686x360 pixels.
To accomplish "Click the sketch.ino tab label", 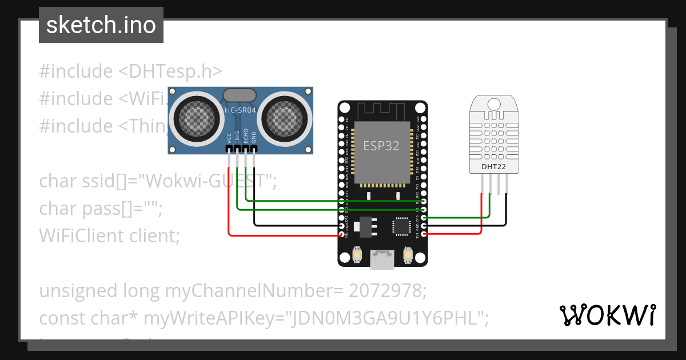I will coord(101,25).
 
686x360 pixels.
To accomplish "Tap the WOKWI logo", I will coord(607,315).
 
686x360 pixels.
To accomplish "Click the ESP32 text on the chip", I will coord(381,146).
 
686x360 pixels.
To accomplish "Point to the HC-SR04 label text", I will coord(240,110).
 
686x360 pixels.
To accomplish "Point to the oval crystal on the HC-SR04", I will coord(240,95).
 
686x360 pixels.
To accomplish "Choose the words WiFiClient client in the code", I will coord(109,235).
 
